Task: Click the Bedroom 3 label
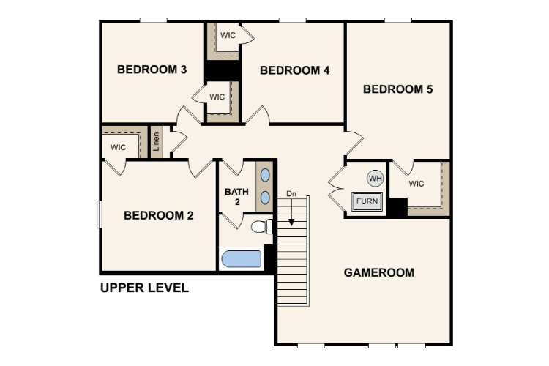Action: click(152, 70)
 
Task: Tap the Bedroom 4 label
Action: click(295, 70)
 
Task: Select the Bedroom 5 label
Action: click(397, 89)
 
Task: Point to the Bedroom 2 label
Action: click(159, 215)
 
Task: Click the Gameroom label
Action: click(379, 272)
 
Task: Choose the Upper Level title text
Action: click(145, 288)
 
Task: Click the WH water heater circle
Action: click(376, 179)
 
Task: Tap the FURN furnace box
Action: click(367, 201)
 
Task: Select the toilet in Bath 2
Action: click(261, 226)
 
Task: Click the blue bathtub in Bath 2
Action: click(242, 259)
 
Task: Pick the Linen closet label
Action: click(156, 141)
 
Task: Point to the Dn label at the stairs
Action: click(291, 194)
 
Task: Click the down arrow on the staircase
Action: click(291, 212)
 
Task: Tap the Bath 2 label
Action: click(236, 197)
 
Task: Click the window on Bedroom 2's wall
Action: click(99, 214)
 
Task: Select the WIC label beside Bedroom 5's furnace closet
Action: click(417, 184)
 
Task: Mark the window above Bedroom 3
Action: click(154, 20)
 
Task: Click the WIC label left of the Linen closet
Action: click(118, 147)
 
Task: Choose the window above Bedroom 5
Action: click(398, 20)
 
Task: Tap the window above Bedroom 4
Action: click(293, 20)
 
